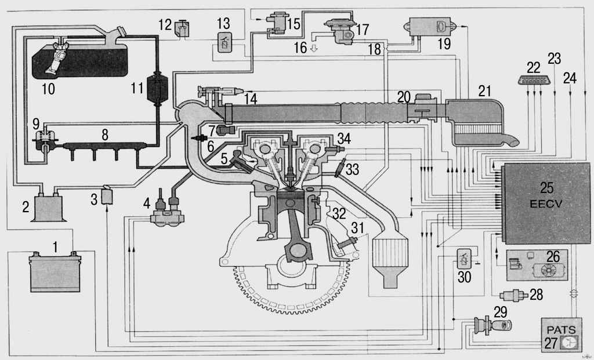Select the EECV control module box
(x=546, y=203)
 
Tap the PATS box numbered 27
(x=561, y=335)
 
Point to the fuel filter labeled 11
(x=157, y=88)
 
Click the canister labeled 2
(x=48, y=207)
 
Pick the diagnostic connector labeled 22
(x=534, y=80)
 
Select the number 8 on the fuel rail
(x=105, y=134)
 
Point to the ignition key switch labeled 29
(x=493, y=325)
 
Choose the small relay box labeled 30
(x=464, y=259)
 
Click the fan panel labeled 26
(x=537, y=265)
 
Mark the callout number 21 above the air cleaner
(x=484, y=91)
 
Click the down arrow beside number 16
(x=314, y=49)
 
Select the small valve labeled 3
(x=107, y=195)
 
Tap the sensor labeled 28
(x=514, y=295)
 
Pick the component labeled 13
(x=224, y=42)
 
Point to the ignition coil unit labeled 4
(x=167, y=212)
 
